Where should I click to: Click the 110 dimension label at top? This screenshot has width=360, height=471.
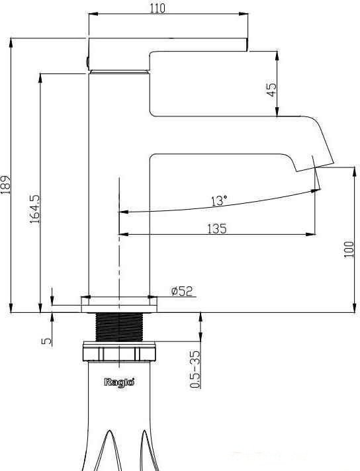(x=157, y=8)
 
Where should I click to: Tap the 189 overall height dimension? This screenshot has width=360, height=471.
(x=5, y=184)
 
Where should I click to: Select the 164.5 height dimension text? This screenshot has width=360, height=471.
(x=34, y=209)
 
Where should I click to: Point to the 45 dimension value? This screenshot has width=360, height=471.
(x=271, y=89)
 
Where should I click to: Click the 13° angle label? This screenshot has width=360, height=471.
(x=219, y=200)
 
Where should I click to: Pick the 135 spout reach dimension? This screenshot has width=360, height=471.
(x=217, y=229)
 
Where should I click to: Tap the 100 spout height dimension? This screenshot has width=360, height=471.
(x=349, y=249)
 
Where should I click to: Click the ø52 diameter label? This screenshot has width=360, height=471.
(x=182, y=291)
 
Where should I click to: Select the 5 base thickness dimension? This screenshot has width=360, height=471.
(x=46, y=341)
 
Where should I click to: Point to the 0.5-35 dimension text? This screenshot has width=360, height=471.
(x=195, y=369)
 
